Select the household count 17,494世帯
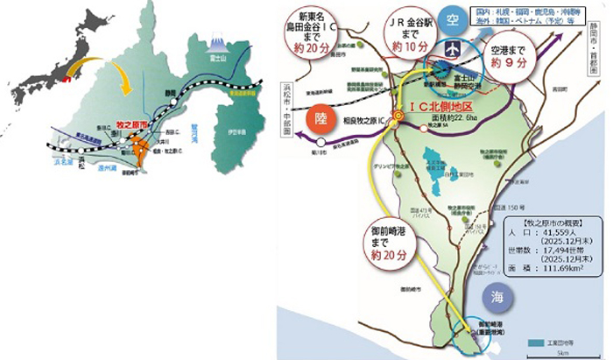(572, 248)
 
